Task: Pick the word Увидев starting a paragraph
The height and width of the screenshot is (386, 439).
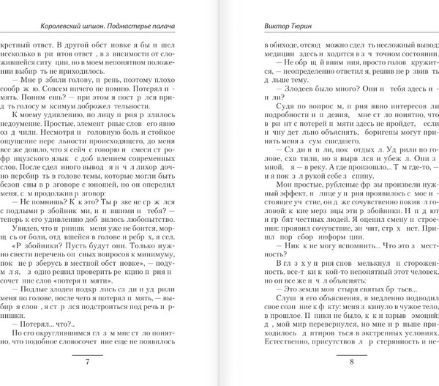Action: [x=29, y=229]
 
